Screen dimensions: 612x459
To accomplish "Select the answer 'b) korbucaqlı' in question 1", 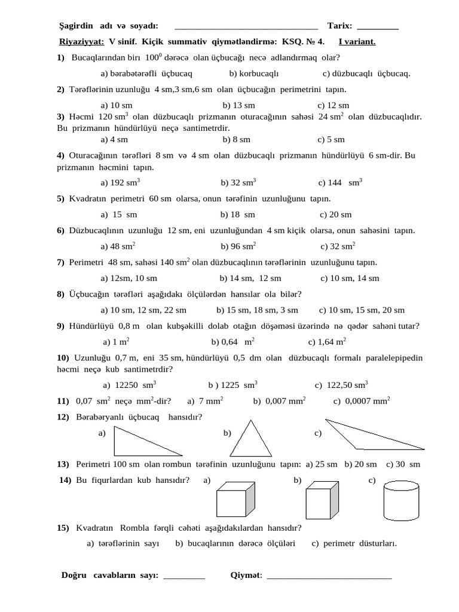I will (x=254, y=74).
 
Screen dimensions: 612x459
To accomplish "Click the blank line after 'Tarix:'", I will (x=377, y=26).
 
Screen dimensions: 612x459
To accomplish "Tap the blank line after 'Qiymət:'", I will (x=329, y=576).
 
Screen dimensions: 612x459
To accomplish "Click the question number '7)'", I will (x=60, y=262).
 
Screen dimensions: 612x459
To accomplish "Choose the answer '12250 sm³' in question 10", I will (x=130, y=385).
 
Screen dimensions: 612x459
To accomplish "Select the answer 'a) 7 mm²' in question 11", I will (x=205, y=401).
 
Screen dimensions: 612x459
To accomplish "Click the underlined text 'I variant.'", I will (x=357, y=42).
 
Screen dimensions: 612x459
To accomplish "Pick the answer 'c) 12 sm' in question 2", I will (x=333, y=105).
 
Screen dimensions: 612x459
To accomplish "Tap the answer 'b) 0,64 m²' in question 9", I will (x=233, y=342).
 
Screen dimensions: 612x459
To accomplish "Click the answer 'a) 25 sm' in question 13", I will (x=322, y=464).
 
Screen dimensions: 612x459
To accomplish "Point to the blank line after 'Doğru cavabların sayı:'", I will (x=184, y=576).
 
